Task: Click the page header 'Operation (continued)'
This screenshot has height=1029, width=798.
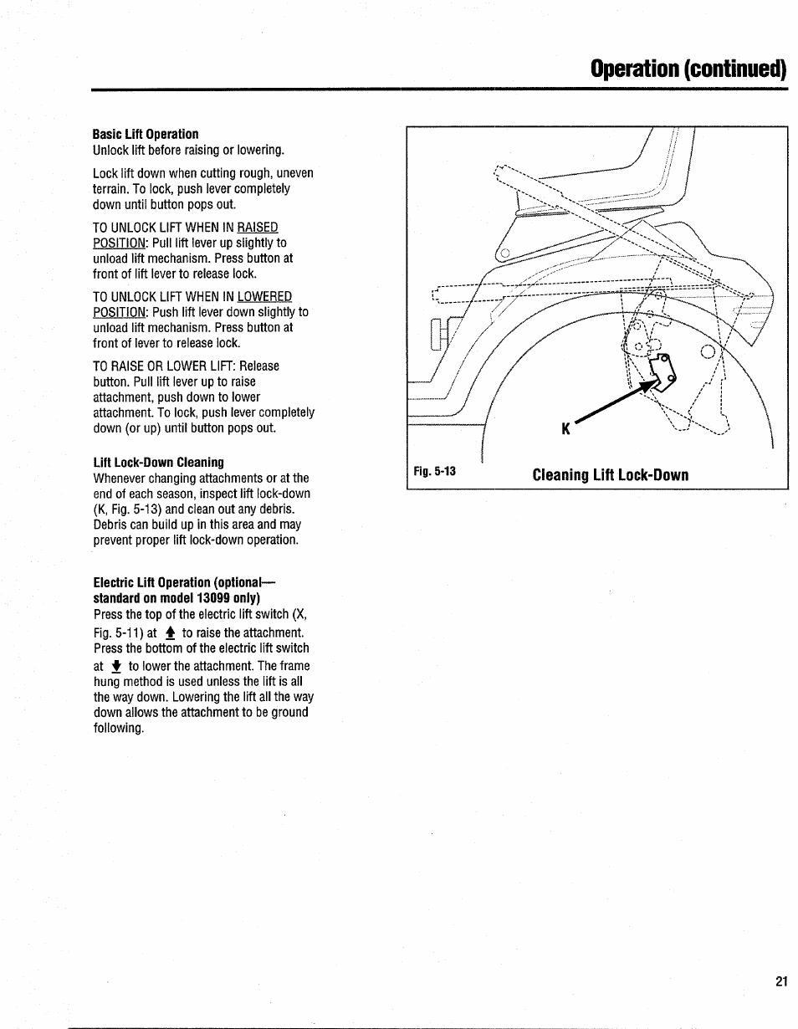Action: [x=688, y=69]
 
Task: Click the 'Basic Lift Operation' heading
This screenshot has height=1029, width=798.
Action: [x=146, y=134]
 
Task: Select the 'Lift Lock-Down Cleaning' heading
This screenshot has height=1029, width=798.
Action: [x=158, y=462]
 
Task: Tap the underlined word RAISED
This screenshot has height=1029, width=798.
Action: [x=258, y=228]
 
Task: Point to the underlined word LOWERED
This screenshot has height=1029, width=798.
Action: [x=264, y=297]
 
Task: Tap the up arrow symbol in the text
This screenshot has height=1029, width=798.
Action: [x=170, y=633]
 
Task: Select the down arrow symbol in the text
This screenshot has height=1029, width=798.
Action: [x=116, y=667]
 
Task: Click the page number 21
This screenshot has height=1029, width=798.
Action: [x=781, y=981]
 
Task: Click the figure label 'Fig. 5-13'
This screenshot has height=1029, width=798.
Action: [x=434, y=471]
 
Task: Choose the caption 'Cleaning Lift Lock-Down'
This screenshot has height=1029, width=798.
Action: [x=610, y=475]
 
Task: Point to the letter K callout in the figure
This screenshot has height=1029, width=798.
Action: [x=565, y=429]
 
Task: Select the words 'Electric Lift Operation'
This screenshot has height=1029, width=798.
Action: [x=152, y=582]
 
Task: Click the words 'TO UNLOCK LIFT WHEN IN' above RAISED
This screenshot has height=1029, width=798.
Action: [x=164, y=228]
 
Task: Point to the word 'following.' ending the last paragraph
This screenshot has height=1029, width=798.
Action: [x=119, y=728]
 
